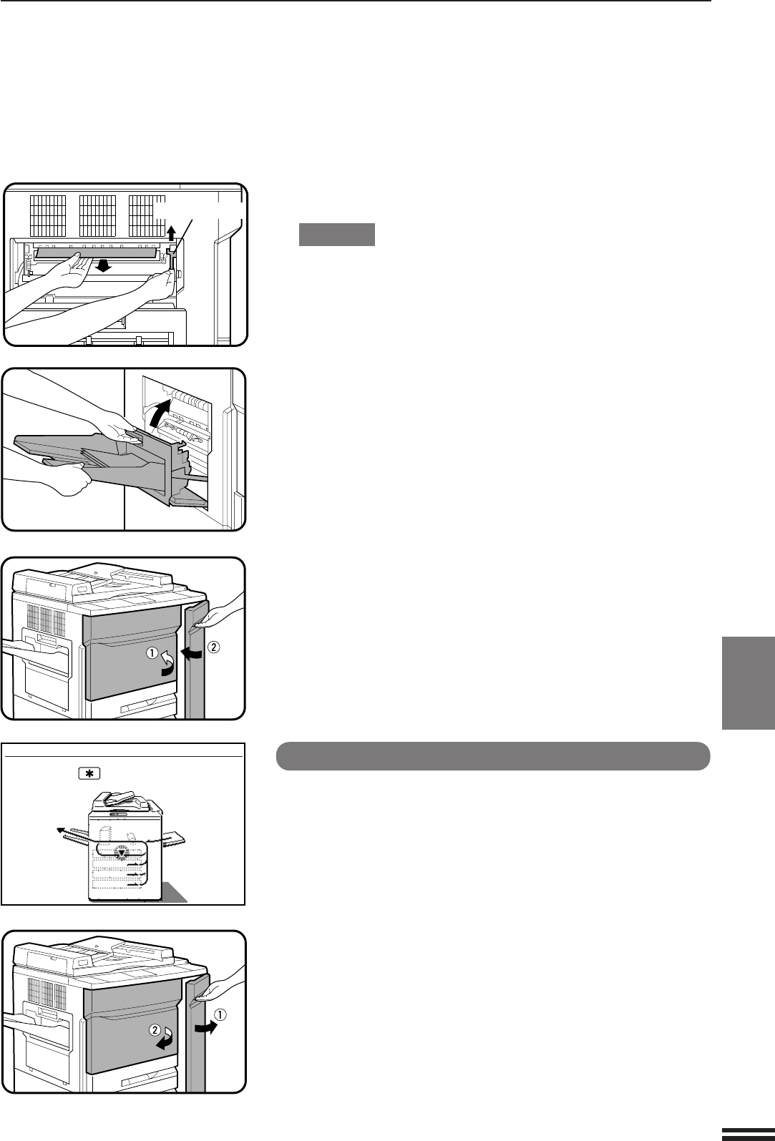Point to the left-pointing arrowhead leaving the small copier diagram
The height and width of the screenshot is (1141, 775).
pyautogui.click(x=60, y=831)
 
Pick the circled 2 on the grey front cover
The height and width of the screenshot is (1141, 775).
pyautogui.click(x=155, y=1030)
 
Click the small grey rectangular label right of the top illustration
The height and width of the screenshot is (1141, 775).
pyautogui.click(x=336, y=235)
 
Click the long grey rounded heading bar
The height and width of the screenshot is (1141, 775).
pyautogui.click(x=492, y=756)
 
